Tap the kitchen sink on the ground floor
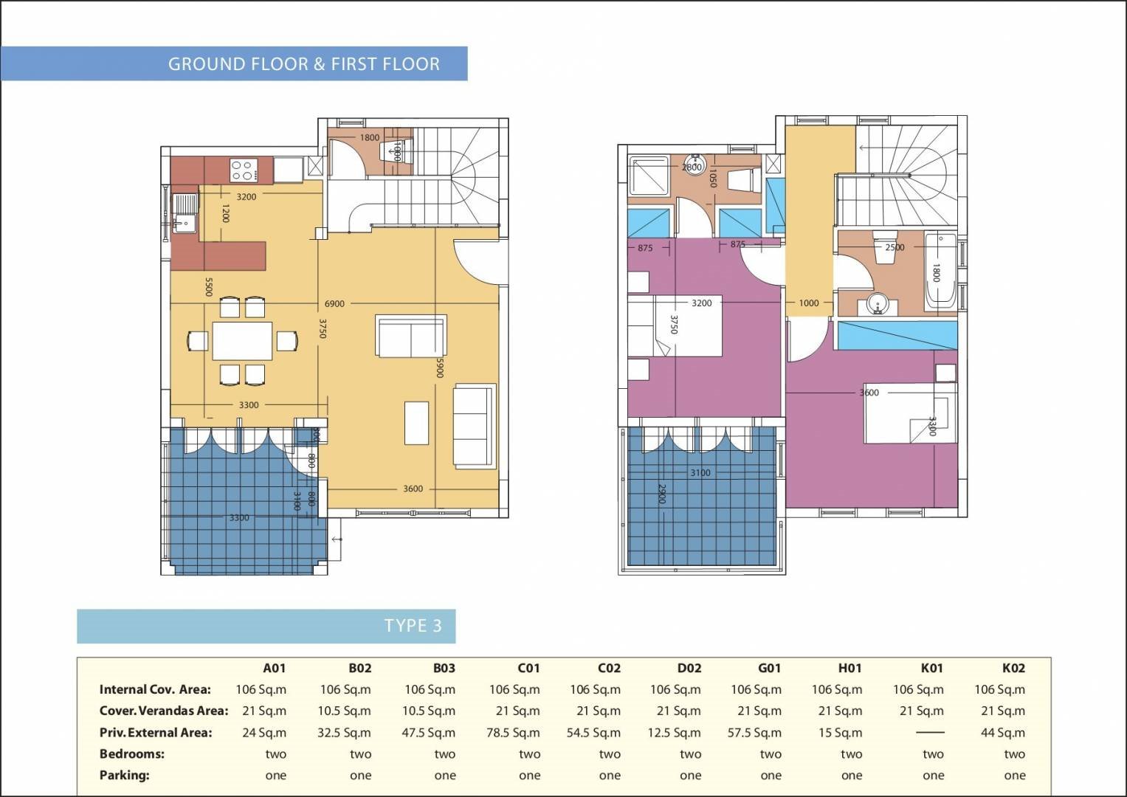click(185, 213)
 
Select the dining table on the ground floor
click(242, 340)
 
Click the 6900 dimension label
click(334, 303)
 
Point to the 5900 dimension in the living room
click(439, 368)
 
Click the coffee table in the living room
click(416, 423)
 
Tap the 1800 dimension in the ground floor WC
click(369, 137)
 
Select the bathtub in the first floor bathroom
click(940, 271)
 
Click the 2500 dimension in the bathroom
click(895, 247)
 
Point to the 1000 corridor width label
click(808, 303)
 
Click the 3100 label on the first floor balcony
click(700, 472)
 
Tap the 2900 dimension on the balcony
click(661, 494)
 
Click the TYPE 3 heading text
click(413, 626)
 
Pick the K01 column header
click(931, 668)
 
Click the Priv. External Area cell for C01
click(513, 733)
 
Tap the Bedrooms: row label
click(132, 753)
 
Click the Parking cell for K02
click(1014, 776)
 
